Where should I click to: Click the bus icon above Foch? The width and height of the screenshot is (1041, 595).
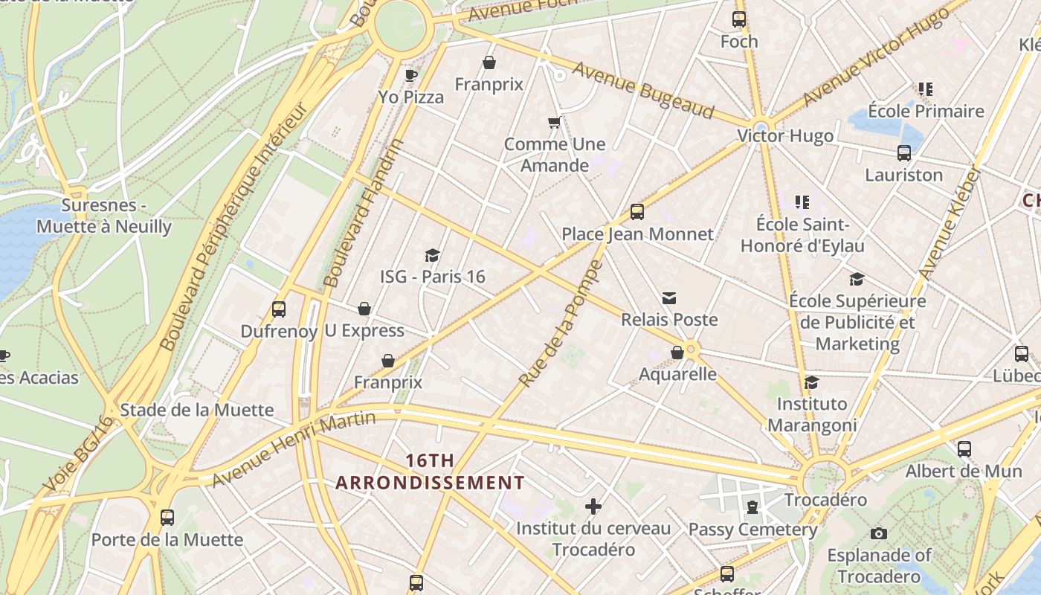pyautogui.click(x=738, y=19)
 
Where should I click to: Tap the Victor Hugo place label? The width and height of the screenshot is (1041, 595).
pyautogui.click(x=785, y=136)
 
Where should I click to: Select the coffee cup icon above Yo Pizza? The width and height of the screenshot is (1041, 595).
pyautogui.click(x=410, y=75)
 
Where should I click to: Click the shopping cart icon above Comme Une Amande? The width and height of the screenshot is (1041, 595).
pyautogui.click(x=554, y=122)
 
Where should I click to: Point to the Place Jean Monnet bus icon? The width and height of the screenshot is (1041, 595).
pyautogui.click(x=636, y=212)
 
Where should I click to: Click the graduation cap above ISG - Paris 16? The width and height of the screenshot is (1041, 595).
pyautogui.click(x=432, y=256)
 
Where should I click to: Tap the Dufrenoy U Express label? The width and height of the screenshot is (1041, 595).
pyautogui.click(x=322, y=331)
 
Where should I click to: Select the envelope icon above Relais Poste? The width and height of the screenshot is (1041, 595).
pyautogui.click(x=669, y=298)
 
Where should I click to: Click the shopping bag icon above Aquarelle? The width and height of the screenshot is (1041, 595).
pyautogui.click(x=677, y=353)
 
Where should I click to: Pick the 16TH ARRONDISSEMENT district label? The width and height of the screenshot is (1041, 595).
pyautogui.click(x=430, y=472)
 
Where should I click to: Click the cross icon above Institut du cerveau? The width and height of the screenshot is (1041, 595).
pyautogui.click(x=593, y=507)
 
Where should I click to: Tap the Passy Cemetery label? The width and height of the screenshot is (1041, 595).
pyautogui.click(x=752, y=530)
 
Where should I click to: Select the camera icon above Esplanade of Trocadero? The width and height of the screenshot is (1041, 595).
pyautogui.click(x=878, y=533)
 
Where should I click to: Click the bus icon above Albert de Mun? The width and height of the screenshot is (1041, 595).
pyautogui.click(x=964, y=449)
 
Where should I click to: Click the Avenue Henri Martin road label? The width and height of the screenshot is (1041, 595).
pyautogui.click(x=294, y=449)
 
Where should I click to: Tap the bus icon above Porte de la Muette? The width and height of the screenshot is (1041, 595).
pyautogui.click(x=167, y=518)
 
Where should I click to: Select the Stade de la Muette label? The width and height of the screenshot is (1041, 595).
pyautogui.click(x=196, y=410)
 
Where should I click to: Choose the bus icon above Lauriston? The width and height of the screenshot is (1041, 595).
pyautogui.click(x=903, y=153)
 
